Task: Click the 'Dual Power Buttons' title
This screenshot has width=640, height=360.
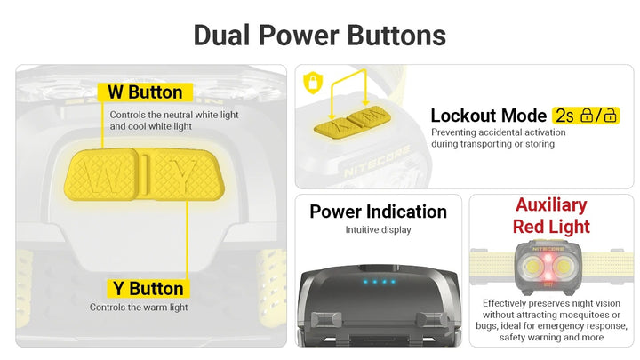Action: [x=320, y=35]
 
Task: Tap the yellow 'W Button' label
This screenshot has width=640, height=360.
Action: [x=145, y=92]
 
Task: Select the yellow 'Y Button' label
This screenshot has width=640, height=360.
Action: [x=148, y=289]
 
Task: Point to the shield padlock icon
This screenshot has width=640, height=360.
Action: [x=313, y=83]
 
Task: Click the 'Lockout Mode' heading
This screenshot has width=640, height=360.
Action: [x=489, y=116]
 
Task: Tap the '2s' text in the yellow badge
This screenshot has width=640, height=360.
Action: [x=565, y=116]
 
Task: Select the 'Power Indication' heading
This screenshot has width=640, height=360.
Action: [x=378, y=212]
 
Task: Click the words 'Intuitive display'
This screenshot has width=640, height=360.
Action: [x=378, y=230]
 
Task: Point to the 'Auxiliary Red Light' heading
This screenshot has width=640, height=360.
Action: [x=551, y=215]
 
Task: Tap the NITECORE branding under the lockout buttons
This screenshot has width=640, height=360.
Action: [x=376, y=162]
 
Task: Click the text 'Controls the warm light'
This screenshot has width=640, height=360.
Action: [x=139, y=308]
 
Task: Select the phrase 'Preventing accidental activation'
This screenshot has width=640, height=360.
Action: [x=499, y=132]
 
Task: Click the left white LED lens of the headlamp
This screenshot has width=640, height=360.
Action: [x=532, y=268]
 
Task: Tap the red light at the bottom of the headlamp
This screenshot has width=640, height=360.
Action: [x=548, y=283]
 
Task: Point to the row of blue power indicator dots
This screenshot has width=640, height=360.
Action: [x=380, y=282]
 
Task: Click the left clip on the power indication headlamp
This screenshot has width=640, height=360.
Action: [x=326, y=320]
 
